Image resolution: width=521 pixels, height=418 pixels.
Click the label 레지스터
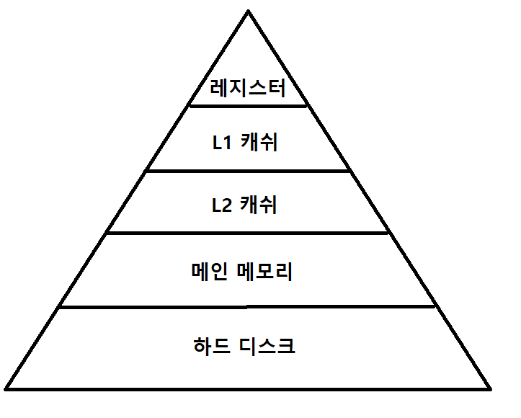pos(248,89)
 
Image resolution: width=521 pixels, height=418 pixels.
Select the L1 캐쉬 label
pos(244,143)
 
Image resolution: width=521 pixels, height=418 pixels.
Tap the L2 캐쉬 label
pos(244,205)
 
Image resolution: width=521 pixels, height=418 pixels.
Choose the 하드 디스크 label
pos(244,346)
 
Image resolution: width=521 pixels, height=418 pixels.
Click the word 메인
pos(208,272)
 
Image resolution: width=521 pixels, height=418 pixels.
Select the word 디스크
pos(266,346)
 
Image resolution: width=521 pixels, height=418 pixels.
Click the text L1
pos(221,143)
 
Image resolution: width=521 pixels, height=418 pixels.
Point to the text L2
pos(221,205)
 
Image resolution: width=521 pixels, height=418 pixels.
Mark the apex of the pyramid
pos(248,12)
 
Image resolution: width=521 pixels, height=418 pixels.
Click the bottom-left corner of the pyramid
pos(6,388)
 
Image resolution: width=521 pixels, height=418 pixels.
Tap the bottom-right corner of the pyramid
pos(490,388)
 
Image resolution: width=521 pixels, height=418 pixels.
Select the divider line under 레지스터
pos(248,105)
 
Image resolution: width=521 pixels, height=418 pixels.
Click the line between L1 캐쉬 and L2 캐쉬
pos(248,171)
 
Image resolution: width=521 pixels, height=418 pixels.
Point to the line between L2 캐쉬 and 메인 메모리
pos(248,233)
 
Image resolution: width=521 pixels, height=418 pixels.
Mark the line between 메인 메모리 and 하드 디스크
pos(248,306)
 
